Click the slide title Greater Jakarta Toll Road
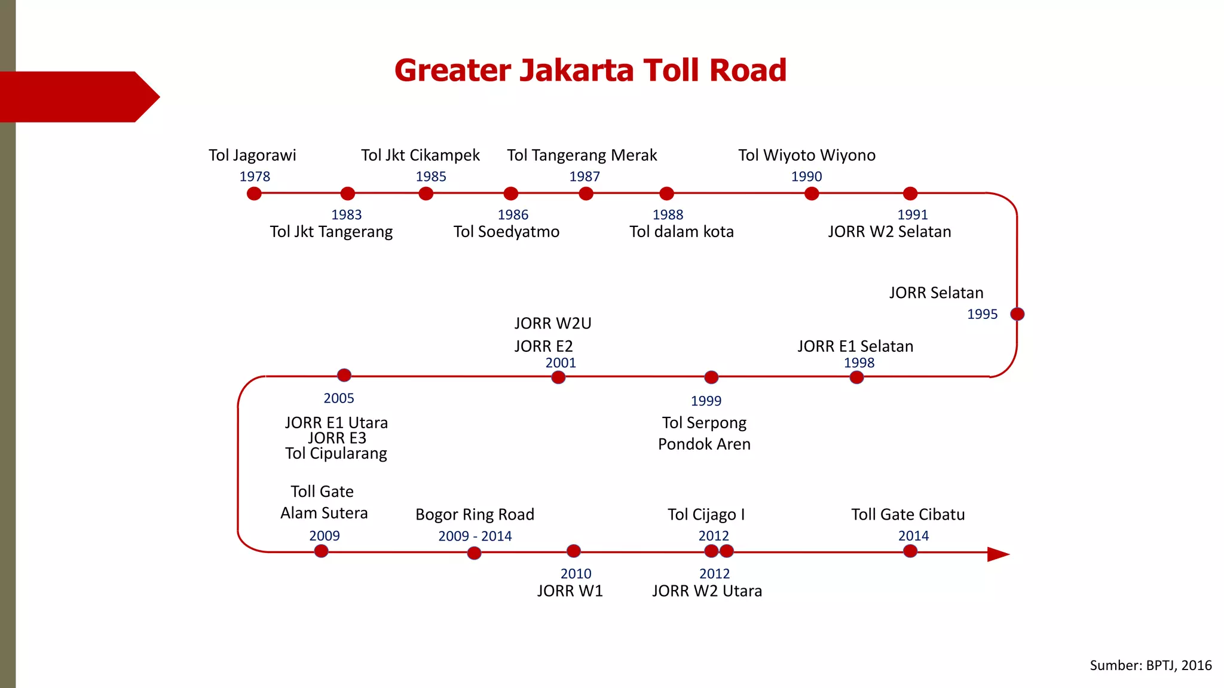pos(590,70)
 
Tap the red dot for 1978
pos(254,193)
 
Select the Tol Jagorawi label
pos(252,155)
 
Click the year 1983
pos(347,214)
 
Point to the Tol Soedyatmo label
pos(506,232)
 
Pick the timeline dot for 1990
pos(811,193)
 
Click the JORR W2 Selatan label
pos(889,232)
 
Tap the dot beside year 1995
pos(1017,314)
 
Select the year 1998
pos(859,363)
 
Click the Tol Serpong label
pos(704,423)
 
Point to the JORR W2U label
pos(553,324)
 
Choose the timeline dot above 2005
pos(344,375)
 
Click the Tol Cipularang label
pos(336,454)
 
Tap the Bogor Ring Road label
pos(475,515)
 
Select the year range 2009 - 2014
pos(475,536)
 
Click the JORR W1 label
pos(570,591)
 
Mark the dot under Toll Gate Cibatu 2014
pos(910,551)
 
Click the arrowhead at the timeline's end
pos(997,554)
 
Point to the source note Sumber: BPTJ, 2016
pos(1150,665)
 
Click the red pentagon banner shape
pos(78,97)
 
